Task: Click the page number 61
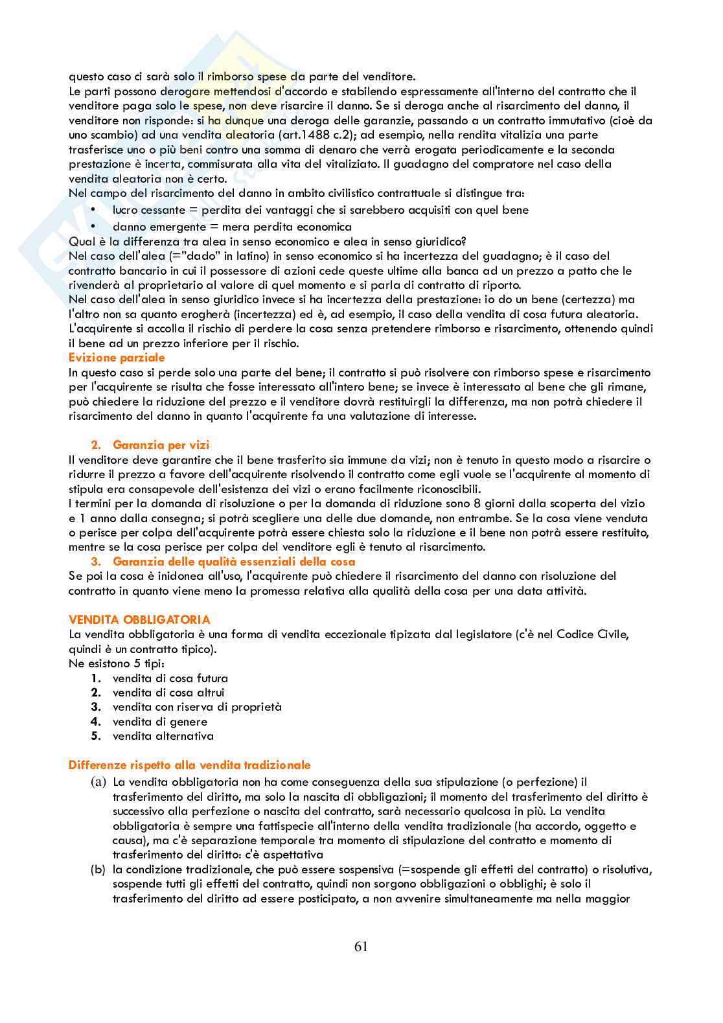point(361,946)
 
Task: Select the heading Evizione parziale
point(117,358)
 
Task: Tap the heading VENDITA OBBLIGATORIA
point(139,620)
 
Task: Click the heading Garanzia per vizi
point(161,445)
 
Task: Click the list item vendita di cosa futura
point(170,678)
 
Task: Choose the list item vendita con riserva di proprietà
point(197,707)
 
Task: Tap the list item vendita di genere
point(160,722)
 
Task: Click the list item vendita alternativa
point(163,736)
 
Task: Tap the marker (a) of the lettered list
point(98,782)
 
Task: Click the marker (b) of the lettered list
point(98,869)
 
